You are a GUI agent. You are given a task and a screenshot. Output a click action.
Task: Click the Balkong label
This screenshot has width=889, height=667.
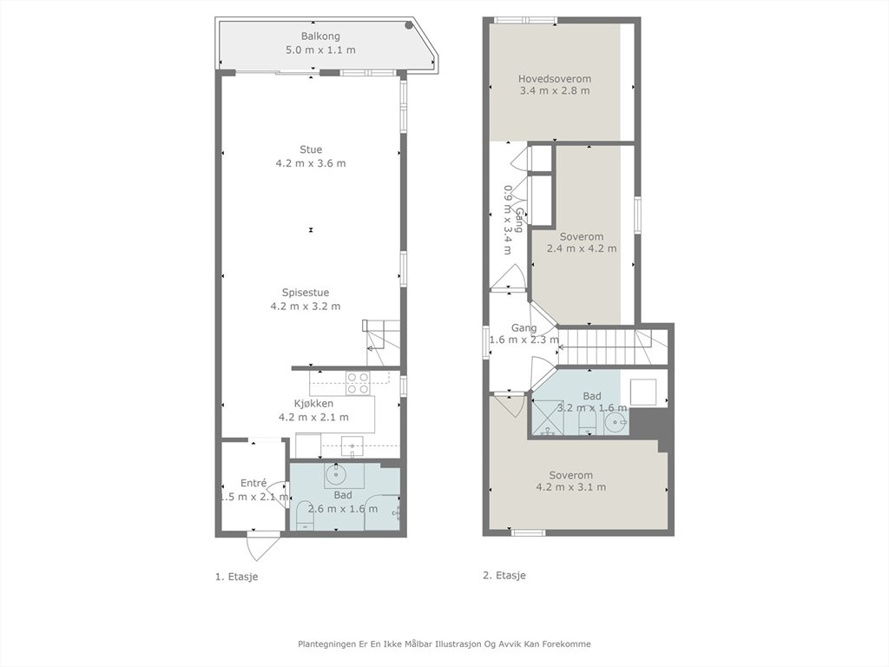click(x=320, y=36)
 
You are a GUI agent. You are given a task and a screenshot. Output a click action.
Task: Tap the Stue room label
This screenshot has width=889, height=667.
click(x=311, y=149)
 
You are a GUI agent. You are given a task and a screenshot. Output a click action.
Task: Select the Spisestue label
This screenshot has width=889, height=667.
click(x=306, y=293)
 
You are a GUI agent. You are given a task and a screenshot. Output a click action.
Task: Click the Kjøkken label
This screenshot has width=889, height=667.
click(x=313, y=403)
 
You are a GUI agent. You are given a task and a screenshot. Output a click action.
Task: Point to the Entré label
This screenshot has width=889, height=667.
click(x=254, y=483)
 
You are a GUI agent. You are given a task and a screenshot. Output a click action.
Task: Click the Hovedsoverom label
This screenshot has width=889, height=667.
click(x=555, y=79)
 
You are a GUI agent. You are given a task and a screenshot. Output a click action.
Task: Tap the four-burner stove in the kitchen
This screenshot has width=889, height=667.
click(x=357, y=383)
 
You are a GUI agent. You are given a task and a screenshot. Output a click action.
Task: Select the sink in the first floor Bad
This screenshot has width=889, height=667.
click(x=336, y=475)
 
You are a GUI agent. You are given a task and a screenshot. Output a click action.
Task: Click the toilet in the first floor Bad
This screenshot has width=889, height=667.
click(x=304, y=516)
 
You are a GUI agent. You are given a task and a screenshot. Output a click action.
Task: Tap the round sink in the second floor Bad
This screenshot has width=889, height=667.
click(x=616, y=423)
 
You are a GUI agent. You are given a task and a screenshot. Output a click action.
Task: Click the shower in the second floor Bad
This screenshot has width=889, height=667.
click(x=544, y=416)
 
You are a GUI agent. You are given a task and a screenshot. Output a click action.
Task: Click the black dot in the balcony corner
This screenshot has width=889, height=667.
click(x=409, y=25)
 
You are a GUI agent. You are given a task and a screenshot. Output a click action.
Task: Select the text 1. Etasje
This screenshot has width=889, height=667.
click(x=236, y=577)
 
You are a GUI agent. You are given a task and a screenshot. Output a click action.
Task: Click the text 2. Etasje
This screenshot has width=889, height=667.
click(x=504, y=575)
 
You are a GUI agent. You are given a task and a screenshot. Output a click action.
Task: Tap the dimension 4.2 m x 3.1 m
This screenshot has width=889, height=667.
click(x=571, y=487)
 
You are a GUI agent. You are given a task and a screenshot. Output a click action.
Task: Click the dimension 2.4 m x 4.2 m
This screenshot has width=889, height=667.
click(x=582, y=248)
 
